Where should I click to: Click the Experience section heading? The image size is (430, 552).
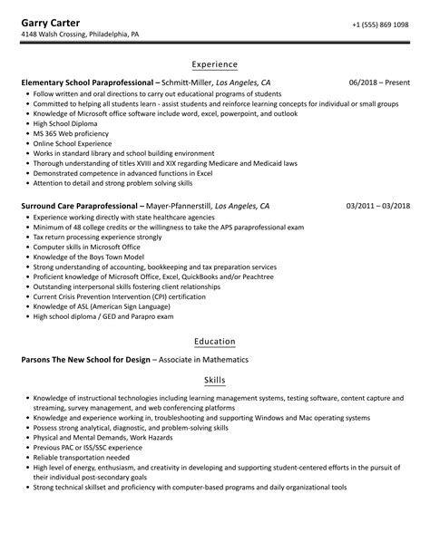pos(215,65)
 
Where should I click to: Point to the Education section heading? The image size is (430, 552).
pos(215,342)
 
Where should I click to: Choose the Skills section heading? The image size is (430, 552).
pos(215,380)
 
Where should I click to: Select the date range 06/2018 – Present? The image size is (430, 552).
pos(379,82)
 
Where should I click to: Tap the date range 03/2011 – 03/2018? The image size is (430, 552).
pos(376,206)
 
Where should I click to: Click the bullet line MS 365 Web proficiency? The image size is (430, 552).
pos(69,133)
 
